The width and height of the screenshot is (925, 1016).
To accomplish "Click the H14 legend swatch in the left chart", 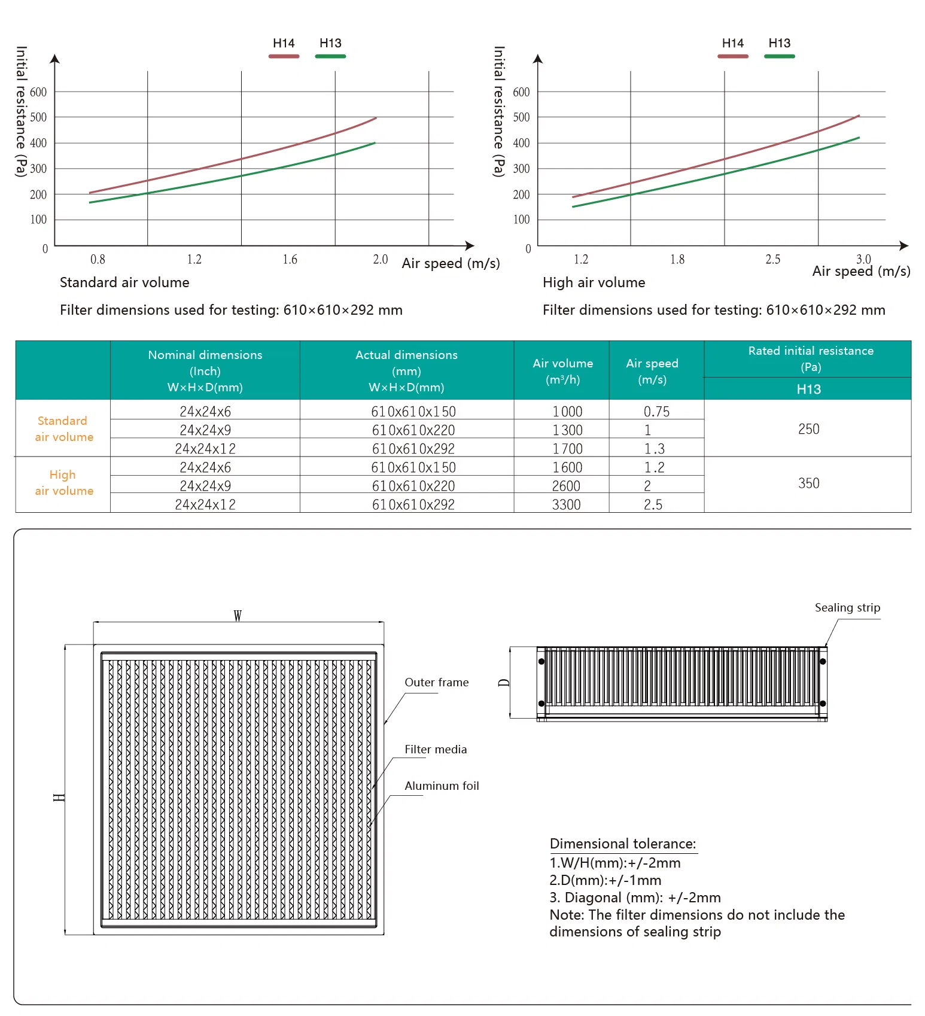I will pyautogui.click(x=284, y=56).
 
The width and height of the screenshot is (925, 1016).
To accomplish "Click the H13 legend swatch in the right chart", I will pyautogui.click(x=779, y=56).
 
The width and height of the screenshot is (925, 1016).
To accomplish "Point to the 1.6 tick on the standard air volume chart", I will pyautogui.click(x=290, y=259).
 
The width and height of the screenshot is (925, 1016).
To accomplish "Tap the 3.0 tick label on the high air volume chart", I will pyautogui.click(x=863, y=258).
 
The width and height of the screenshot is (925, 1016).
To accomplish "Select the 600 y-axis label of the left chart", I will pyautogui.click(x=38, y=92).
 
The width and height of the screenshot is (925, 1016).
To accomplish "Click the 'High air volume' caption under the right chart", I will pyautogui.click(x=594, y=282).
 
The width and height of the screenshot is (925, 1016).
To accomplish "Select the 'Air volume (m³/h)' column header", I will pyautogui.click(x=562, y=371).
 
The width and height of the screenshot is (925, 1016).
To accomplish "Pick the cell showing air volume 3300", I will pyautogui.click(x=566, y=504).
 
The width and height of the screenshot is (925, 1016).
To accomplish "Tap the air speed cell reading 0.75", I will pyautogui.click(x=656, y=412).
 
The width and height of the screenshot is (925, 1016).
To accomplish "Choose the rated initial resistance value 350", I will pyautogui.click(x=808, y=483).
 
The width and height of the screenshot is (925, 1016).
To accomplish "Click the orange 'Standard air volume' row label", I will pyautogui.click(x=63, y=428).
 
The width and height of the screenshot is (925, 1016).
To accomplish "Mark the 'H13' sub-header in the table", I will pyautogui.click(x=808, y=389).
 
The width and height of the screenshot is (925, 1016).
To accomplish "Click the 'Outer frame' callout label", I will pyautogui.click(x=436, y=682).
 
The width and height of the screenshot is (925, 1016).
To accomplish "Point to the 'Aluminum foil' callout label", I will pyautogui.click(x=442, y=786).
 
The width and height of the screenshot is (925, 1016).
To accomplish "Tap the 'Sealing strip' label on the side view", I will pyautogui.click(x=847, y=607).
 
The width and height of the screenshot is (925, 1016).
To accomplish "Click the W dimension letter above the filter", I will pyautogui.click(x=238, y=616).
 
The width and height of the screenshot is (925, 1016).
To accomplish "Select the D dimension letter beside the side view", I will pyautogui.click(x=504, y=683).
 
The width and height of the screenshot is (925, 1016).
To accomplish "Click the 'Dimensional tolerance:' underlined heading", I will pyautogui.click(x=623, y=844).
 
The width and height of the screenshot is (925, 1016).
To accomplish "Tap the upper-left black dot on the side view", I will pyautogui.click(x=541, y=661).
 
